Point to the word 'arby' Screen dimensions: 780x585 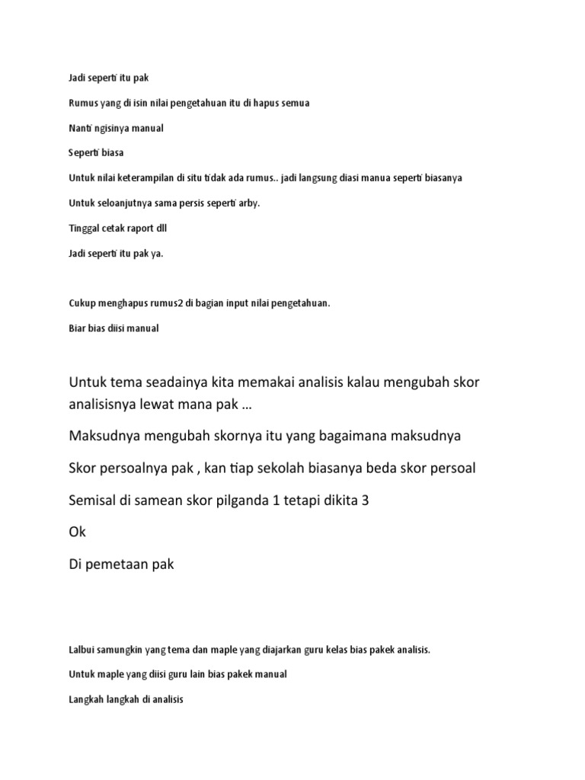248,203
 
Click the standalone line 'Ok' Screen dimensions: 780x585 77,532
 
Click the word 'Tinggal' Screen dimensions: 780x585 84,228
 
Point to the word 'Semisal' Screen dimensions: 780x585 94,500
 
